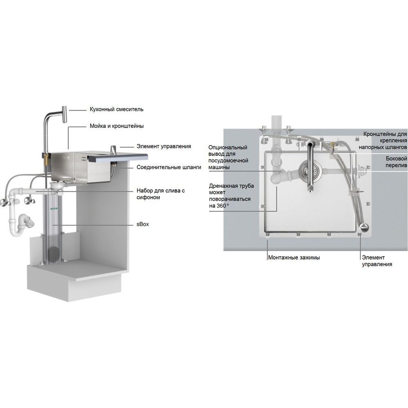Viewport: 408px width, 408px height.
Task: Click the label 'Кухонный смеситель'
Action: coord(117,109)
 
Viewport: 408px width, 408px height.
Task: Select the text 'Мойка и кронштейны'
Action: coord(117,126)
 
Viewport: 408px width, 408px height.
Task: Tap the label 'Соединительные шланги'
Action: coord(169,167)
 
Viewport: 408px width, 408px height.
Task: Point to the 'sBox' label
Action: coord(142,224)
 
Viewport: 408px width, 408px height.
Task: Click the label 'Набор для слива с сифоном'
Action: coord(161,194)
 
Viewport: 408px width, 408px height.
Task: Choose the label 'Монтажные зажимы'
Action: coord(294,257)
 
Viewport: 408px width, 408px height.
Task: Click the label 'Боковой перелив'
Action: coord(396,162)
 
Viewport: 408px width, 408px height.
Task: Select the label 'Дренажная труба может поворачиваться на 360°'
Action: coord(231,196)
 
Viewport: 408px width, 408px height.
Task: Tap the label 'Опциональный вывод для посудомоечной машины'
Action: coord(228,157)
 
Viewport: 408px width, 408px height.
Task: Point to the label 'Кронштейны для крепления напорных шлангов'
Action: coord(383,140)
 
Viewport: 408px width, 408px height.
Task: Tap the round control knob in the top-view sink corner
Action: coord(364,227)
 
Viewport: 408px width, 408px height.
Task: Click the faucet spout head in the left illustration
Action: coord(64,115)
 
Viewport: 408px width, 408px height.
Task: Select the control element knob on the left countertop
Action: coord(114,150)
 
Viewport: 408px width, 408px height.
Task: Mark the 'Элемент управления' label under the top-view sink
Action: coord(377,261)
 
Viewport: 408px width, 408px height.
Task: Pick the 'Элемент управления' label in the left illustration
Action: coord(164,146)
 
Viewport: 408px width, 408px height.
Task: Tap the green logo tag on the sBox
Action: coord(53,208)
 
